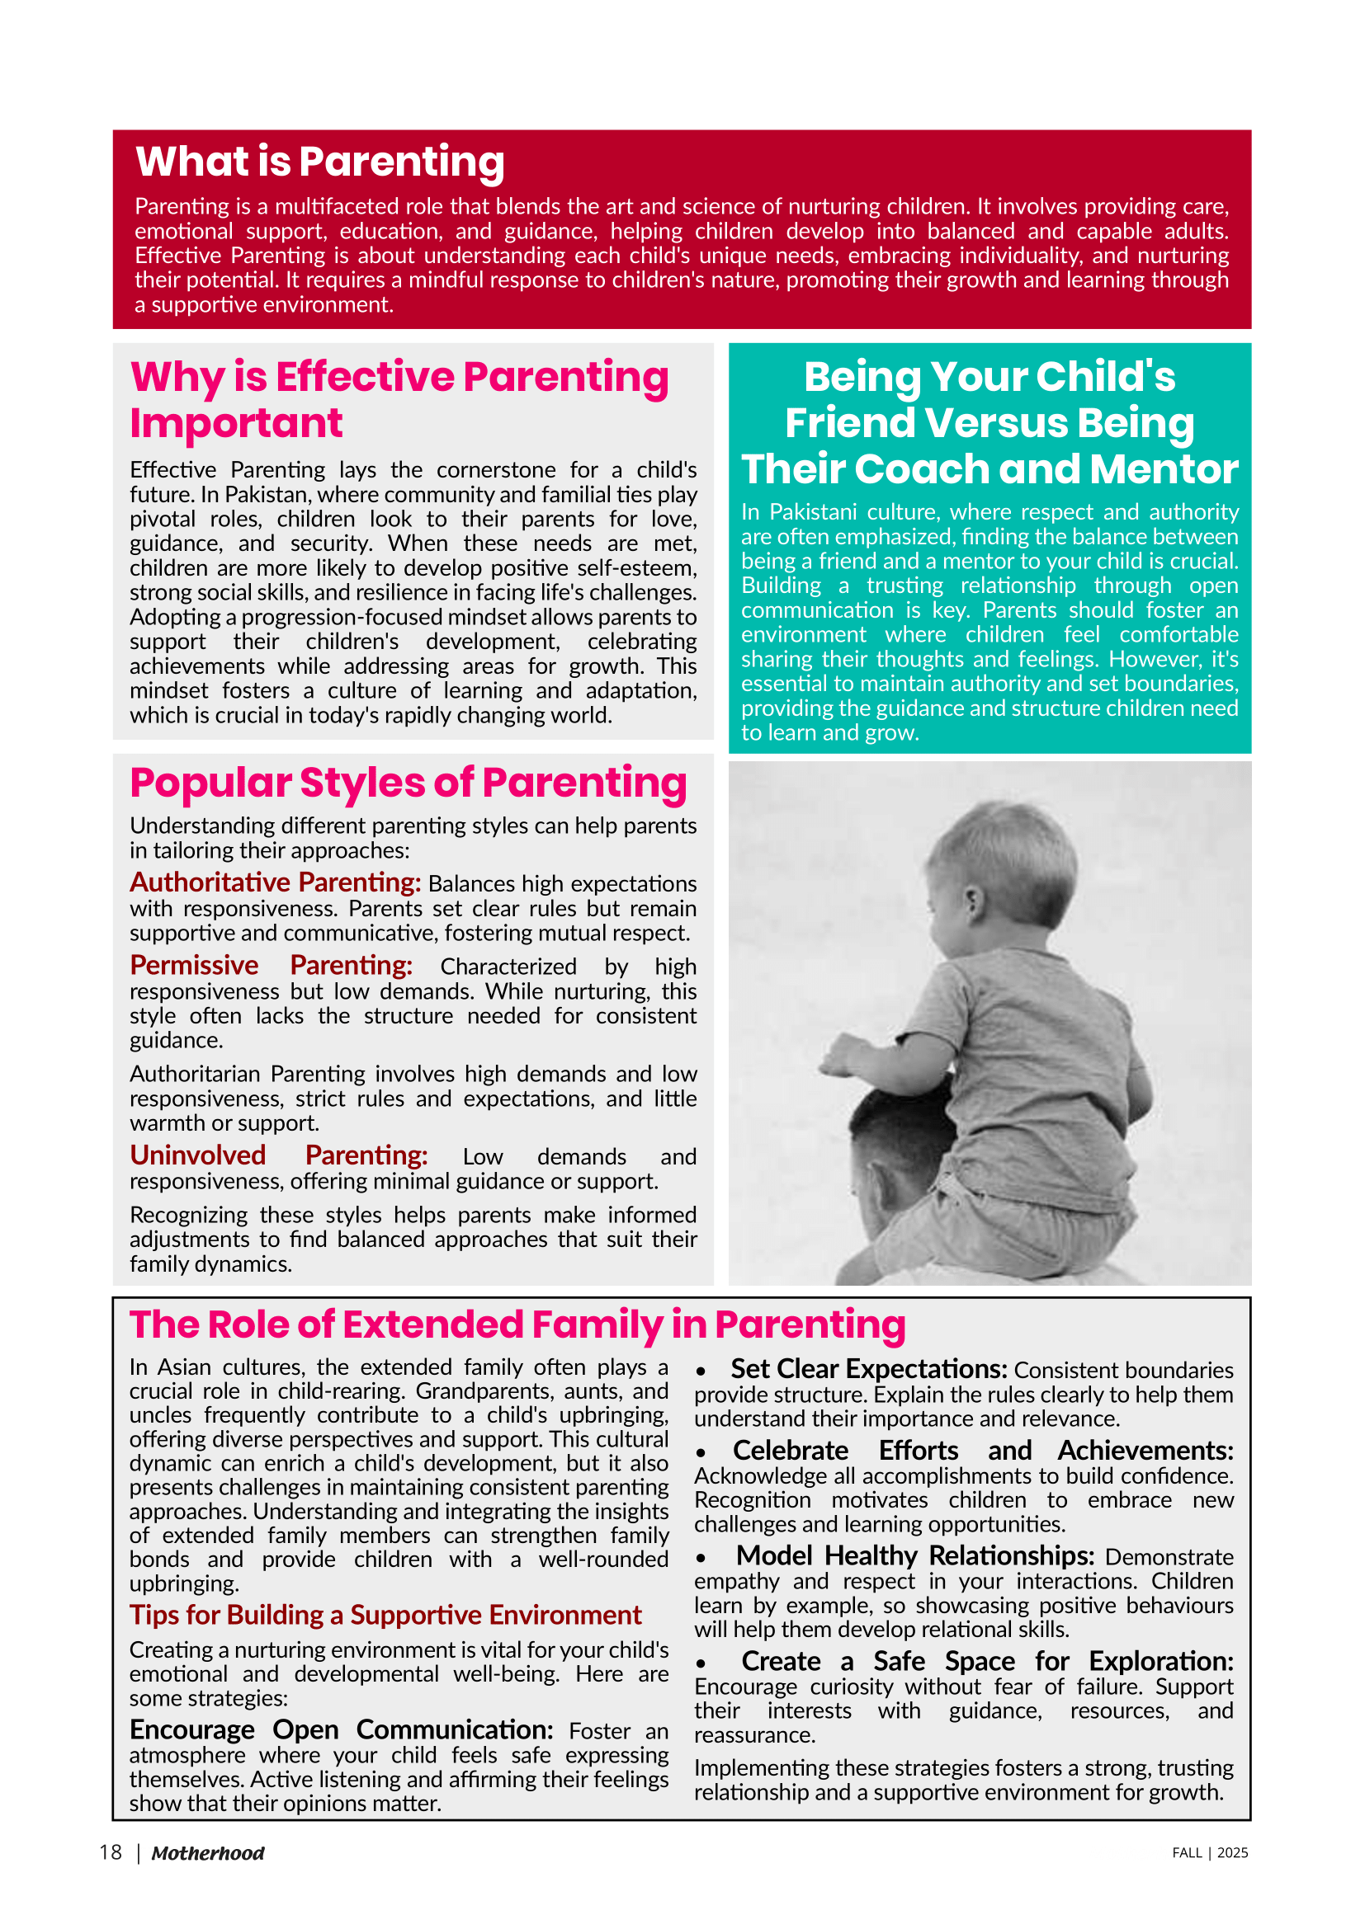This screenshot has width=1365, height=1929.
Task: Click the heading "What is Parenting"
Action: click(x=319, y=162)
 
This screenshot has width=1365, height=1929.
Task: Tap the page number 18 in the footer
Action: click(x=110, y=1852)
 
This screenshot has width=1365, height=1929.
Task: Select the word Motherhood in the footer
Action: click(x=208, y=1853)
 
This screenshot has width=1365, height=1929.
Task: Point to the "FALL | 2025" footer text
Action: click(x=1210, y=1852)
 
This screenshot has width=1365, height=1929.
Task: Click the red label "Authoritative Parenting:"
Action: click(x=275, y=882)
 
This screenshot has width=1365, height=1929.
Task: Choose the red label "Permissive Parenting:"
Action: click(x=271, y=966)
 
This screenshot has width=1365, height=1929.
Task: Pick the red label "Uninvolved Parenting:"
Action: click(x=278, y=1155)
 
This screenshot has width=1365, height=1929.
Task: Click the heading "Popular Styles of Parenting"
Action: click(x=408, y=783)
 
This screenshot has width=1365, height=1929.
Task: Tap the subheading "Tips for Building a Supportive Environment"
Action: click(x=385, y=1615)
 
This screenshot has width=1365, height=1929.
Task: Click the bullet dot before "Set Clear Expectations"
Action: click(x=700, y=1371)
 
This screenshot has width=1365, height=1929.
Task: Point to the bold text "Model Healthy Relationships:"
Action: click(x=914, y=1556)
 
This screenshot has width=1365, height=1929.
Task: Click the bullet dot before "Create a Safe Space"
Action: click(x=700, y=1663)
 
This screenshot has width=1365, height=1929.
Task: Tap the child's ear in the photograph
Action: click(x=972, y=903)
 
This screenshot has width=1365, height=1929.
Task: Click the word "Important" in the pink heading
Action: click(x=236, y=422)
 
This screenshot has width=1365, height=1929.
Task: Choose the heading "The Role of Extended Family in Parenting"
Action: click(x=517, y=1325)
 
